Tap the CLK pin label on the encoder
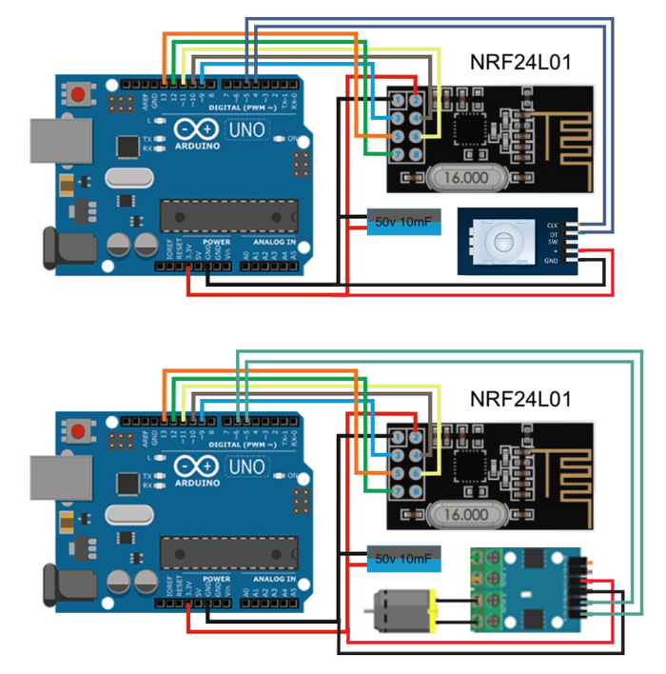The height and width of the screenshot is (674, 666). pos(553,226)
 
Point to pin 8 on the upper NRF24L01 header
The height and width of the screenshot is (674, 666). pos(416,154)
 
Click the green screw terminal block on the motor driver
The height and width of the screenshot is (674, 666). pos(488,590)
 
